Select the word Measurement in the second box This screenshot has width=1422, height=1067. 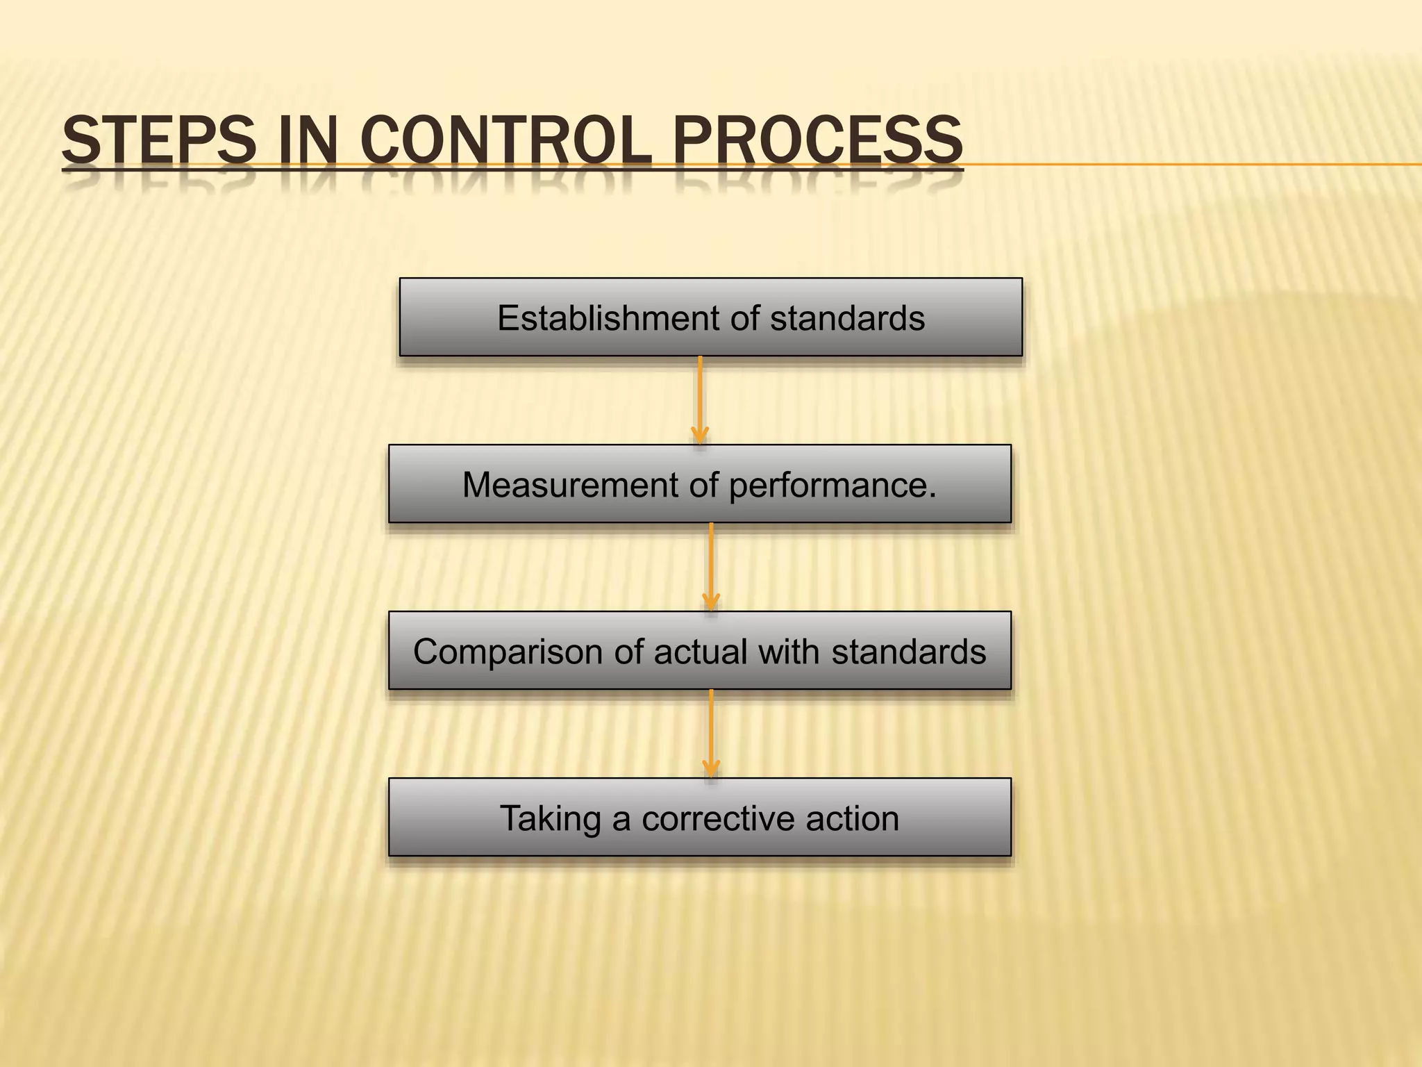pyautogui.click(x=570, y=485)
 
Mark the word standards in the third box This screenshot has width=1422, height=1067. pyautogui.click(x=909, y=652)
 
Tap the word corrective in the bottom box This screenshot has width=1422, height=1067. pyautogui.click(x=718, y=819)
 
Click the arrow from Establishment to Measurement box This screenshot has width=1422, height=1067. pyautogui.click(x=700, y=400)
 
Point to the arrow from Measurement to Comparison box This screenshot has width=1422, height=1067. pyautogui.click(x=710, y=567)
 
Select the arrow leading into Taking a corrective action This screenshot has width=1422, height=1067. pyautogui.click(x=710, y=734)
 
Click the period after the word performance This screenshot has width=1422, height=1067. pyautogui.click(x=932, y=495)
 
